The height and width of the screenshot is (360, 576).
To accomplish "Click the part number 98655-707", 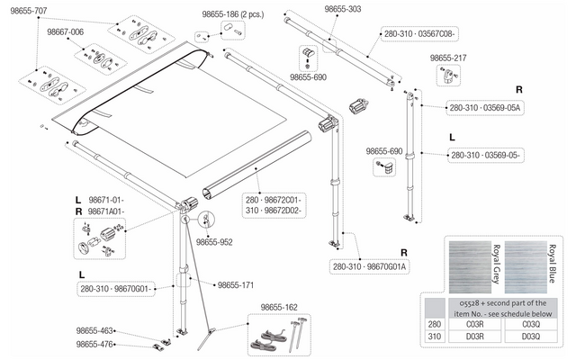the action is point(29,11).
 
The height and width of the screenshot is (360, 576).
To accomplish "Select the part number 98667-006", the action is point(66,32).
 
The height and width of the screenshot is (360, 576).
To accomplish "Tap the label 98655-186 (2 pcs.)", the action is point(233,14).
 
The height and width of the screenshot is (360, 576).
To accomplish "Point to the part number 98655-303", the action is point(343,9).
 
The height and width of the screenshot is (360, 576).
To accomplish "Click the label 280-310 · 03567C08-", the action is point(419,34).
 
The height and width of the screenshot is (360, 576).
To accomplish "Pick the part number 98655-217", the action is point(448,58).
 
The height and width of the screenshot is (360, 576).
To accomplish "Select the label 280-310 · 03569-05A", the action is point(485,108).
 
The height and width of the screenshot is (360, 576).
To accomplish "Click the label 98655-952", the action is point(214,242).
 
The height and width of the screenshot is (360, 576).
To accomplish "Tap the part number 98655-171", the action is point(236,285).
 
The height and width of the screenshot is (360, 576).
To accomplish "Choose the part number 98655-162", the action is point(279,307).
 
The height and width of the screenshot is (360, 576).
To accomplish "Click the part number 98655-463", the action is point(94,330).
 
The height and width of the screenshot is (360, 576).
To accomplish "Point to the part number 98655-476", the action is point(94,344).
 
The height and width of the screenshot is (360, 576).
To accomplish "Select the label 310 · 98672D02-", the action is point(274,211).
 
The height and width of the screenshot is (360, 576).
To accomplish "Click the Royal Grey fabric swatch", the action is point(470,267).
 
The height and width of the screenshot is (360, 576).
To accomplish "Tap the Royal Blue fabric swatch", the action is point(526,267).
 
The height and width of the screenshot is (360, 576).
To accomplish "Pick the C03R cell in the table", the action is point(474,324).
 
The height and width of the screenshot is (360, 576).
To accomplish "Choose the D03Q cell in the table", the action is point(531,336).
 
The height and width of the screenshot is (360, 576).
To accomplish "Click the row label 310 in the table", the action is point(434,336).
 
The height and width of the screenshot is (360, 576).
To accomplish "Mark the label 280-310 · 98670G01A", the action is point(370,266).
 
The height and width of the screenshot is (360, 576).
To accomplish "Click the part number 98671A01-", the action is point(106,212).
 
